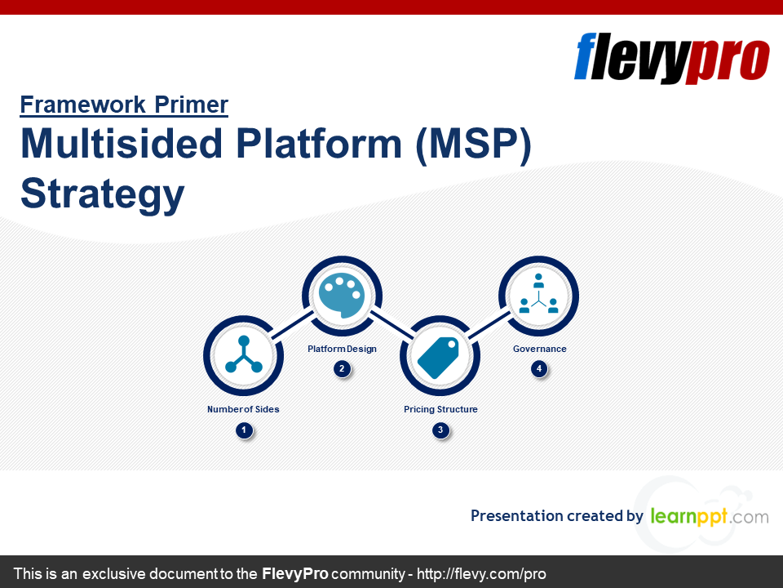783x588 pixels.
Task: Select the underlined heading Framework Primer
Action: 124,105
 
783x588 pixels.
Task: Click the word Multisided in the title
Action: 122,145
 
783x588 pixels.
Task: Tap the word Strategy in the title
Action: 103,195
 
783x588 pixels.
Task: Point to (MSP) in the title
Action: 473,145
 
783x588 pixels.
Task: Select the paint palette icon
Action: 342,296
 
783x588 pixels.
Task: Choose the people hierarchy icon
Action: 538,296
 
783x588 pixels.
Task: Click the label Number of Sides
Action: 243,409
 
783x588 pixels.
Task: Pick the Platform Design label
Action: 342,349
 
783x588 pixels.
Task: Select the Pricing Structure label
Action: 440,409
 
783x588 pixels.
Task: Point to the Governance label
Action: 539,349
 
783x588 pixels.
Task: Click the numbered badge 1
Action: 243,430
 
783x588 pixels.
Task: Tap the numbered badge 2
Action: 342,369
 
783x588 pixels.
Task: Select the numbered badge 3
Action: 440,430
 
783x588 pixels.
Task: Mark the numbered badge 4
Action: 538,369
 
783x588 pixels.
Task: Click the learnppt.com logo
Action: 709,516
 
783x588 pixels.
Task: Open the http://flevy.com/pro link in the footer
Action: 481,574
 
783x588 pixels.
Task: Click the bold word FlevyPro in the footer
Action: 294,574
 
